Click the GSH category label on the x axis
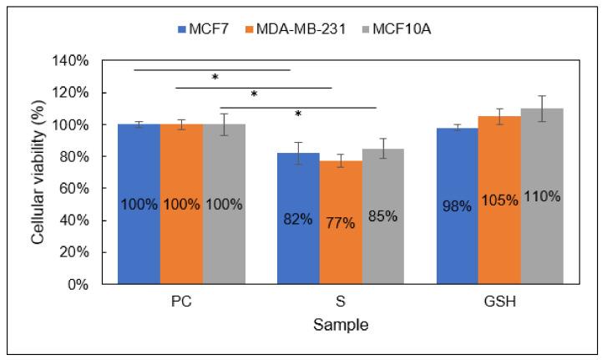pos(499,302)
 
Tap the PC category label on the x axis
pos(181,302)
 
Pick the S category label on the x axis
pos(340,302)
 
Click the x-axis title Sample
pos(340,323)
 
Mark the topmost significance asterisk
pos(215,78)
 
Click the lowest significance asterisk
pos(297,114)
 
